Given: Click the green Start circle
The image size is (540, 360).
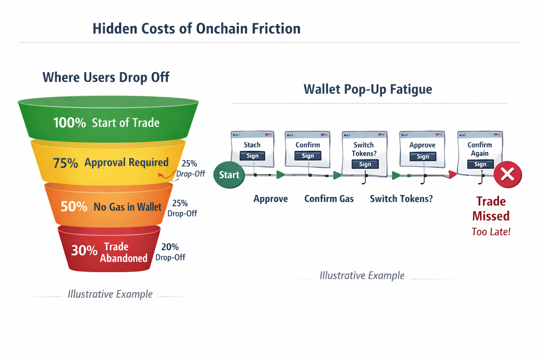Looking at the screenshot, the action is click(x=229, y=175).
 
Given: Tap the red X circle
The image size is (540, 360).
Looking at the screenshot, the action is click(x=507, y=174).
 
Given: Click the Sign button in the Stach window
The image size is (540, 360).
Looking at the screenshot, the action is click(x=252, y=156).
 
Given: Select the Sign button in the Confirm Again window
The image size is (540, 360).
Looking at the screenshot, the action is click(x=480, y=164).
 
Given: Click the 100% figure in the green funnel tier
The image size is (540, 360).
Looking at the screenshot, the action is click(x=69, y=123).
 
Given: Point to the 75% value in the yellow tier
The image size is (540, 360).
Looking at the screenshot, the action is click(x=65, y=163).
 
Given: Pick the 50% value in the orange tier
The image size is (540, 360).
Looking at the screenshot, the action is click(x=73, y=206).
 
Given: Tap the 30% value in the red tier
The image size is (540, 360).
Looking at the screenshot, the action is click(x=84, y=250).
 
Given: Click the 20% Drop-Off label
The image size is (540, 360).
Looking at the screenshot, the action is click(x=170, y=252).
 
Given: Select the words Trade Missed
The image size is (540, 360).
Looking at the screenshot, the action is click(x=491, y=208).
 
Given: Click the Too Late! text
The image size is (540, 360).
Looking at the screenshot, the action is click(x=491, y=232).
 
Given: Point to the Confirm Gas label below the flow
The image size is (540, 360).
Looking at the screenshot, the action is click(x=329, y=199).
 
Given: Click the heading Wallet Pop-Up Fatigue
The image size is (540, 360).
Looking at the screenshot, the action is click(x=368, y=89).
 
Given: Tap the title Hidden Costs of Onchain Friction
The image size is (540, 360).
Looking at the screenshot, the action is click(x=196, y=29).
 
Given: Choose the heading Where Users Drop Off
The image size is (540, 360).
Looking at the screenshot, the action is click(x=106, y=77).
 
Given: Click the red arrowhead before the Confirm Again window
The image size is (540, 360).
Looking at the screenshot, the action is click(x=452, y=174).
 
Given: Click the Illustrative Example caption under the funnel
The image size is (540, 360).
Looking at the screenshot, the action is click(x=110, y=294).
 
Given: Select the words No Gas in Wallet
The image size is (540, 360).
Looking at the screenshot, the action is click(x=127, y=207).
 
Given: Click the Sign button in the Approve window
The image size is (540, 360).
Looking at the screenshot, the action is click(x=423, y=156).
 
